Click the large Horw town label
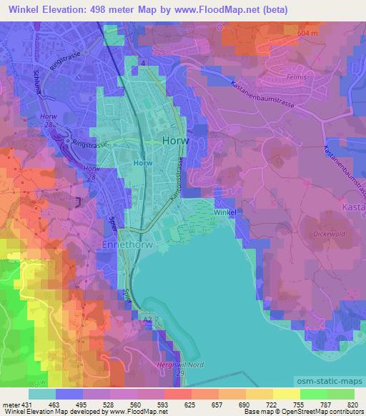coord(175,141)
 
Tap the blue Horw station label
coord(142,163)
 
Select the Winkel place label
coord(224,213)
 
